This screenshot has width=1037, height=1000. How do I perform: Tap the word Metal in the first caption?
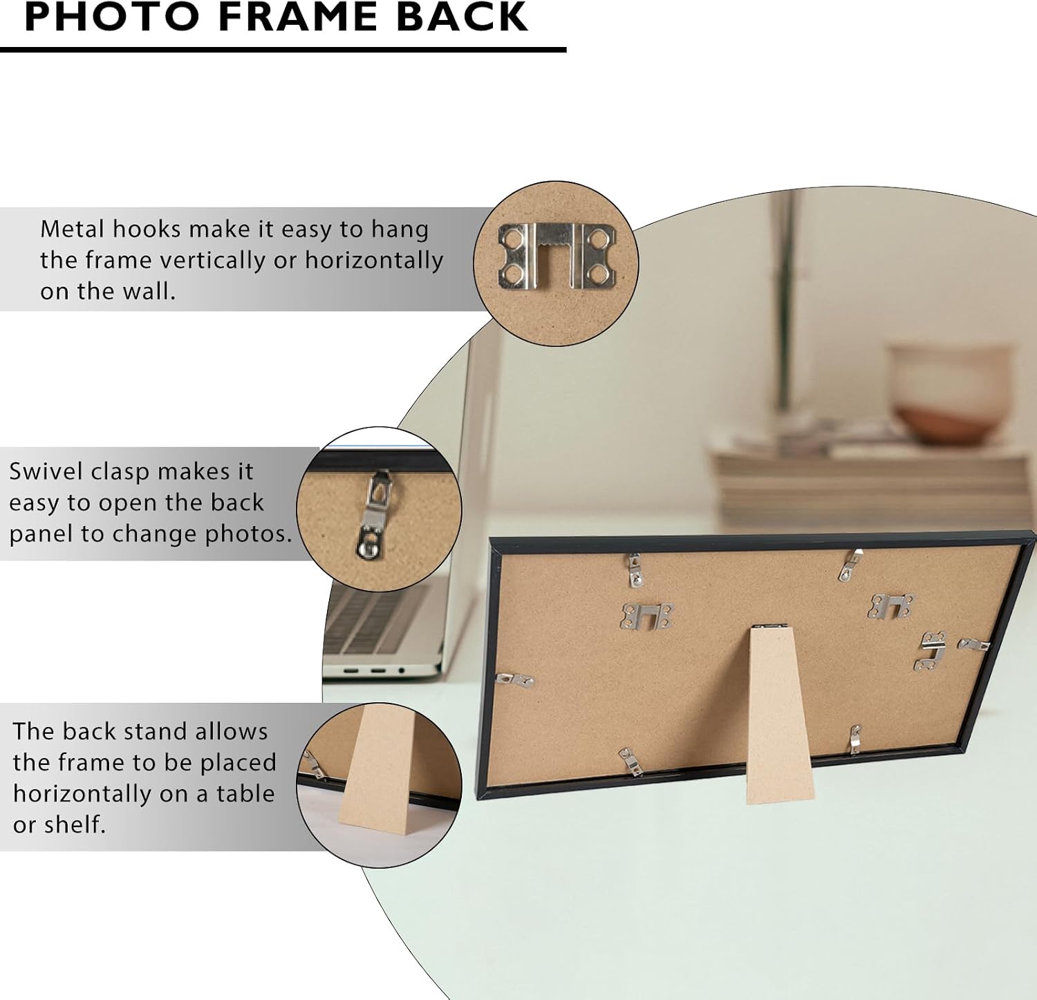(72, 229)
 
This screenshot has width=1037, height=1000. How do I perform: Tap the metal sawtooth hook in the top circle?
(557, 256)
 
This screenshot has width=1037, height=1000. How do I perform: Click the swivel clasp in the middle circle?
(373, 513)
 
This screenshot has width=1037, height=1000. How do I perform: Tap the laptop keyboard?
(377, 621)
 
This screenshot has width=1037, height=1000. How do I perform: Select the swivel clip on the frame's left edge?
(515, 680)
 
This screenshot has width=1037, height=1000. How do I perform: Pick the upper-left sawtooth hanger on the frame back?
(646, 616)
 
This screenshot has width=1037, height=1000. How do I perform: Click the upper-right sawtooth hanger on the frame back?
(891, 606)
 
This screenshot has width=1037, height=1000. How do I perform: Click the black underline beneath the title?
(283, 50)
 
